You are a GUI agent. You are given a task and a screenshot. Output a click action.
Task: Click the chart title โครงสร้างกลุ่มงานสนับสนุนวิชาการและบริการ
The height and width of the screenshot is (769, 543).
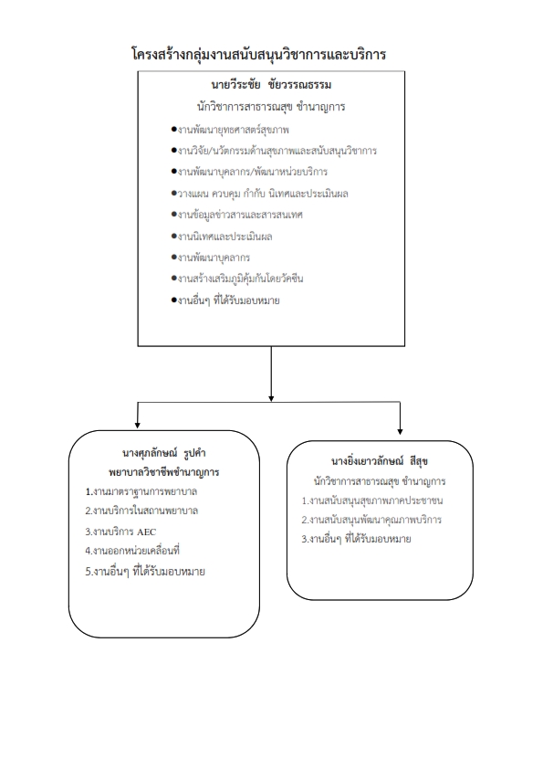point(259,54)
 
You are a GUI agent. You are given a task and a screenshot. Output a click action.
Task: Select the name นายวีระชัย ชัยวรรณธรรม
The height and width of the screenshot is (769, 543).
point(271,85)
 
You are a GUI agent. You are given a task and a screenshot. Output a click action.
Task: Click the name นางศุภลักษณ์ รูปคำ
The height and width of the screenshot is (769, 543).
point(163,453)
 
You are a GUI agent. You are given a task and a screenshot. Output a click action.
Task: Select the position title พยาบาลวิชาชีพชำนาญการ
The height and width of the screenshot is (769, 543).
point(163,472)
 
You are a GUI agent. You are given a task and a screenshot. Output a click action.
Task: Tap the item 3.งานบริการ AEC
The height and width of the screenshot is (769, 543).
point(120,532)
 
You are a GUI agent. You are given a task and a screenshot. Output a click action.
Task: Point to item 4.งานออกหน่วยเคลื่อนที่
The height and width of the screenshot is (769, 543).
point(132,551)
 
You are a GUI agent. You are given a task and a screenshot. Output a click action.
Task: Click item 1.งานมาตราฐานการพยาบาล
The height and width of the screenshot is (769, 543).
point(141,491)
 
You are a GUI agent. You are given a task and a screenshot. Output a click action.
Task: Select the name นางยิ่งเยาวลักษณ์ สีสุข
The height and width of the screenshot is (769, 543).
point(380,461)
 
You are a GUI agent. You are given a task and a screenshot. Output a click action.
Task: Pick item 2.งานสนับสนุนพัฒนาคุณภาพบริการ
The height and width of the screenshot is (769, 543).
point(371,520)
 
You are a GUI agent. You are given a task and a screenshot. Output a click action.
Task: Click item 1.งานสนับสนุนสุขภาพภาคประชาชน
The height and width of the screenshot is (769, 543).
point(372,500)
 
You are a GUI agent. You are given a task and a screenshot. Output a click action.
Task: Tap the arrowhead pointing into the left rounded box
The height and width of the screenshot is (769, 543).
point(137,425)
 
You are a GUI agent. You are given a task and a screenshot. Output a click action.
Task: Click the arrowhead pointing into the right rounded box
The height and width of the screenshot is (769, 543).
point(400,431)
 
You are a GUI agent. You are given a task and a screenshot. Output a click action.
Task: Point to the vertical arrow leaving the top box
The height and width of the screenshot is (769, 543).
point(271,374)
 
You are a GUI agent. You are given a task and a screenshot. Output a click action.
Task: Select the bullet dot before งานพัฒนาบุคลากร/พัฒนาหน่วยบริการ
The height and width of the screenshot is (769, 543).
point(173,172)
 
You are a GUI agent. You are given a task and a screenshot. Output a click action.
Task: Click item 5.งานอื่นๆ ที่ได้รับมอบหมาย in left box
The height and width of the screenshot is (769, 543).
point(145,572)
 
